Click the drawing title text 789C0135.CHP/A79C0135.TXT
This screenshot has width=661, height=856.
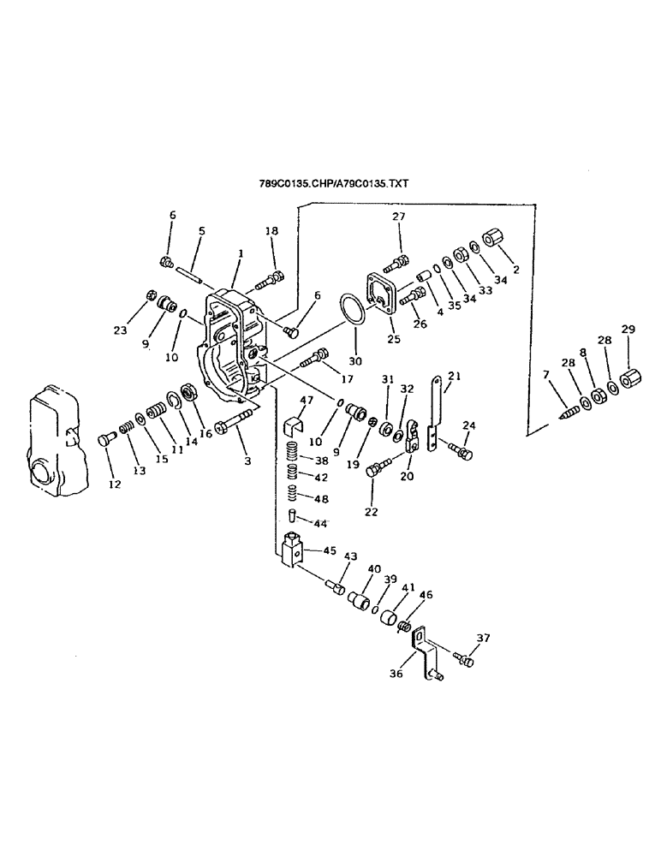(335, 183)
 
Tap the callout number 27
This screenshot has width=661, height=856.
(398, 218)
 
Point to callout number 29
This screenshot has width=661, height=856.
(628, 330)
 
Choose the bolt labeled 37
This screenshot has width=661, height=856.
(464, 660)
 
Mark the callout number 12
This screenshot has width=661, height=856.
(115, 484)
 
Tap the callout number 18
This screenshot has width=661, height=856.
(271, 231)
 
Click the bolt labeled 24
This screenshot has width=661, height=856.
(462, 450)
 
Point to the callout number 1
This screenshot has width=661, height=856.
(241, 253)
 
